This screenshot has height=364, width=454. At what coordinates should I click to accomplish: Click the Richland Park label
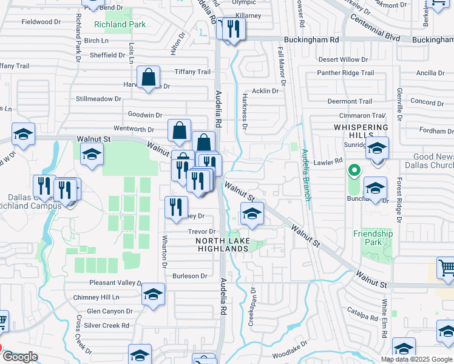[x=120, y=25]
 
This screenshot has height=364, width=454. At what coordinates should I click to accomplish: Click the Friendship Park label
[x=373, y=238]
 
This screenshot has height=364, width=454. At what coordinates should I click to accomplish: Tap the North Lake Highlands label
[x=222, y=244]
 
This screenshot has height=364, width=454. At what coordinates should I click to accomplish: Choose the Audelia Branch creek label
[x=307, y=176]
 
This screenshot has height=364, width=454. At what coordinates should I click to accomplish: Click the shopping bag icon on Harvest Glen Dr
[x=148, y=78]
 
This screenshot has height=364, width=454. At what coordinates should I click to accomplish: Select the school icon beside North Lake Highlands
[x=252, y=214]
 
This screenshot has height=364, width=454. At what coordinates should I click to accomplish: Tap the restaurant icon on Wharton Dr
[x=175, y=207]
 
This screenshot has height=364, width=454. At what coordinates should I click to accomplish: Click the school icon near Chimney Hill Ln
[x=154, y=295]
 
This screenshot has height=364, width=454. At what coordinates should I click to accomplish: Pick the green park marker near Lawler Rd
[x=355, y=170]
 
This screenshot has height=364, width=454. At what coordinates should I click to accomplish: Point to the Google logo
[x=20, y=357]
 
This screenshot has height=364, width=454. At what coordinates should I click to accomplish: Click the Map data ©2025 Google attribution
[x=416, y=359]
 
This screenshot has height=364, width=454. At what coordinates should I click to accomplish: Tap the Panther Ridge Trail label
[x=345, y=73]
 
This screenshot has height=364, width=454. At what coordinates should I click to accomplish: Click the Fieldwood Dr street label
[x=41, y=21]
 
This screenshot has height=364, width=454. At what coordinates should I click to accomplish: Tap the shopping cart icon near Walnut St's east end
[x=446, y=268]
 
